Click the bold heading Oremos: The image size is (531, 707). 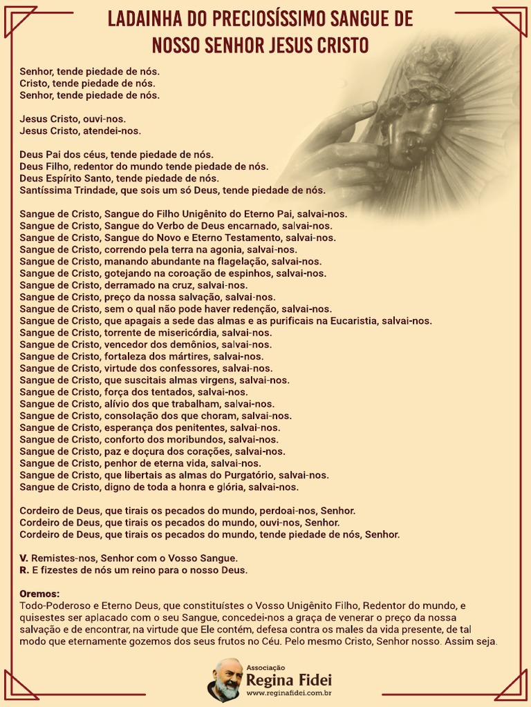pyautogui.click(x=39, y=594)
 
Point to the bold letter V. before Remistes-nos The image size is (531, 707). pyautogui.click(x=24, y=558)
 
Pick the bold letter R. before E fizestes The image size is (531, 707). pyautogui.click(x=24, y=570)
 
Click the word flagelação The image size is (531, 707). pyautogui.click(x=239, y=262)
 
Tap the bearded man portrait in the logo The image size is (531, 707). pyautogui.click(x=226, y=680)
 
